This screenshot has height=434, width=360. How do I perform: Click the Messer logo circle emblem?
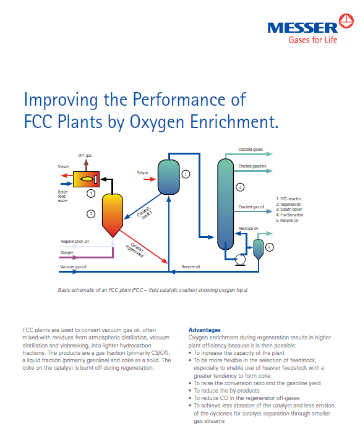click(346, 21)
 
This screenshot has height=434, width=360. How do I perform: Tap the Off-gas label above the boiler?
click(85, 156)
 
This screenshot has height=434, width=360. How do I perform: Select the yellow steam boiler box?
click(86, 179)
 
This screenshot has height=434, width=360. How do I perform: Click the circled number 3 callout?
click(91, 194)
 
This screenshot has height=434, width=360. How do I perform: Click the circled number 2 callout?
click(91, 214)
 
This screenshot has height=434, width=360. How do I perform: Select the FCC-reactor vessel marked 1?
click(169, 177)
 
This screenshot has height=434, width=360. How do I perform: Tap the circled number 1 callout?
click(186, 174)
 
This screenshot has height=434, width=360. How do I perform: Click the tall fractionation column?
click(225, 204)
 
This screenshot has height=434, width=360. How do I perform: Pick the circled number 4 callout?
click(240, 187)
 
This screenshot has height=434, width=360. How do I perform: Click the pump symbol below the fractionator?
click(240, 260)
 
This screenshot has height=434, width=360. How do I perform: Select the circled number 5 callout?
click(270, 247)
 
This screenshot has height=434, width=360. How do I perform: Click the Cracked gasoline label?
click(252, 166)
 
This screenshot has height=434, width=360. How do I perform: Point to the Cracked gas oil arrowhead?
click(270, 211)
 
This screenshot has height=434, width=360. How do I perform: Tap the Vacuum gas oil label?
click(74, 267)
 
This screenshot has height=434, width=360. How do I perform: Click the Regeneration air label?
click(75, 242)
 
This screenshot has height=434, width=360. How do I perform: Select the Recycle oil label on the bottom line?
click(191, 267)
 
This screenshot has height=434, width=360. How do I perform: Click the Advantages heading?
click(204, 330)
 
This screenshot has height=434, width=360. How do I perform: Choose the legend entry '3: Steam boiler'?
click(289, 210)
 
